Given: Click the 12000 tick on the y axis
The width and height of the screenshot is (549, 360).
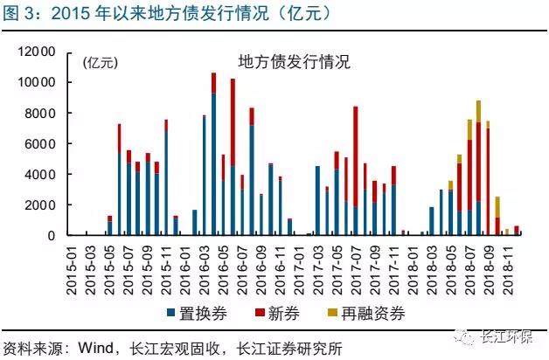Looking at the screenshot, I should coord(43,52).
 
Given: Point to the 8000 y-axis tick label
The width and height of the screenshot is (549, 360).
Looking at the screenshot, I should coord(46,113).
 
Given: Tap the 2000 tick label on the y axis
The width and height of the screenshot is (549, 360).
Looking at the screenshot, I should coord(46,205).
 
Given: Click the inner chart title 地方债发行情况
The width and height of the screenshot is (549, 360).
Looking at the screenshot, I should coord(295,62).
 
